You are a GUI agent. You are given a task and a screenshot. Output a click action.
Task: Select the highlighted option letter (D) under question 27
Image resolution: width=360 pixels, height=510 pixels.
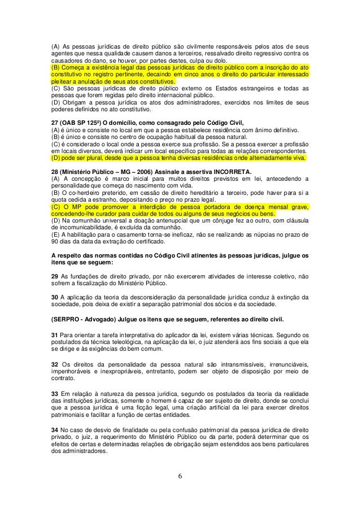pos(55,159)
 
